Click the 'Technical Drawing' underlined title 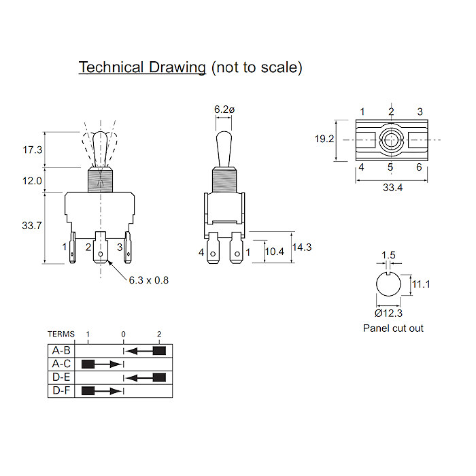pos(142,67)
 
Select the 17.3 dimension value pos(32,149)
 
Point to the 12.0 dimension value pos(32,181)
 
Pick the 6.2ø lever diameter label pos(224,109)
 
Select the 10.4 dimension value pos(274,252)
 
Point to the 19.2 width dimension pos(324,139)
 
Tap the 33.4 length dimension pos(392,188)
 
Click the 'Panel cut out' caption pos(392,328)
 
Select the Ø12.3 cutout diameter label pos(388,313)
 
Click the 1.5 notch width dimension pos(388,255)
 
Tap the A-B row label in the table pos(61,351)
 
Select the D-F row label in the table pos(61,390)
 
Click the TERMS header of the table pos(61,335)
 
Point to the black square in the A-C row pos(88,364)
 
